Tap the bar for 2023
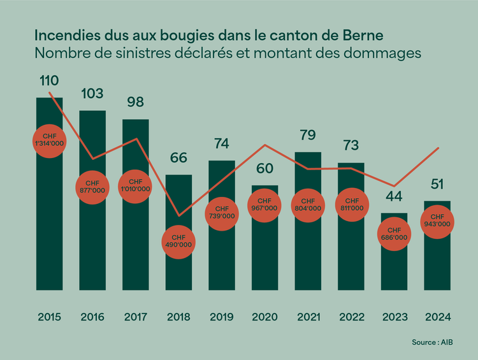click(394, 268)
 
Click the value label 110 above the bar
click(49, 81)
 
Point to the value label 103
click(92, 94)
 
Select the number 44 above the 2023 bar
click(394, 196)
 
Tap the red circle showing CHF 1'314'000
click(50, 141)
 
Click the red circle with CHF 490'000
click(178, 241)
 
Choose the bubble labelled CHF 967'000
click(264, 205)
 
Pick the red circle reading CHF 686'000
click(394, 234)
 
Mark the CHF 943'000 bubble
click(437, 220)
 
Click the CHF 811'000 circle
click(351, 205)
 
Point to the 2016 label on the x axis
click(92, 316)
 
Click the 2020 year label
click(264, 316)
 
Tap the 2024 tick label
click(437, 316)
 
